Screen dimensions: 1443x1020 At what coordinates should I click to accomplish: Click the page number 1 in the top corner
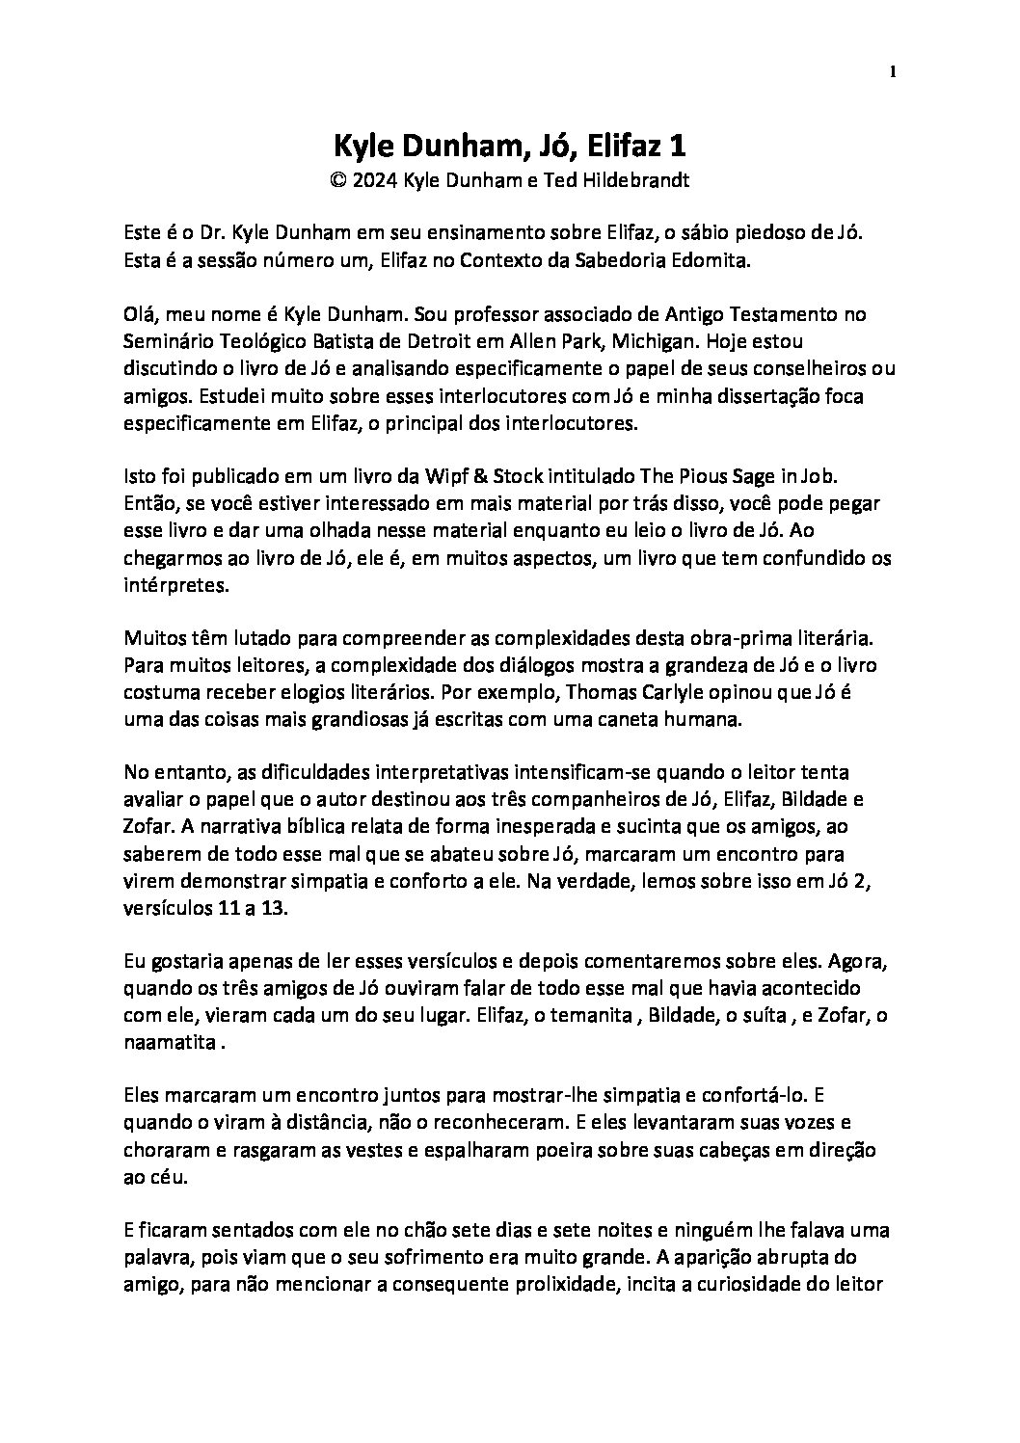[x=893, y=71]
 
